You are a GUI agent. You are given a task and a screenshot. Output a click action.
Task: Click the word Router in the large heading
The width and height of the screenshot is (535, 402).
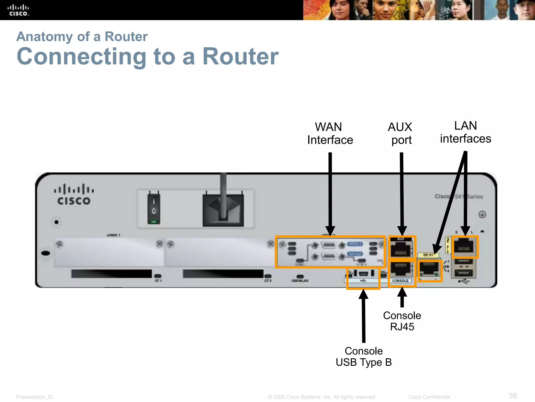point(241,57)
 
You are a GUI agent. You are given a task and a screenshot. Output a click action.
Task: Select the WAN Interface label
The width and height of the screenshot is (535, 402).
point(330,133)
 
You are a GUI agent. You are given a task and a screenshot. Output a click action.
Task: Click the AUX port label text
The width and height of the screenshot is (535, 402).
point(400,133)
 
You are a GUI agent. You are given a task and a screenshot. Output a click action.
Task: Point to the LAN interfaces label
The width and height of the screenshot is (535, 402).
point(466,132)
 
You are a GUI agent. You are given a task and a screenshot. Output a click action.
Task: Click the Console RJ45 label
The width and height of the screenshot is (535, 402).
point(402,321)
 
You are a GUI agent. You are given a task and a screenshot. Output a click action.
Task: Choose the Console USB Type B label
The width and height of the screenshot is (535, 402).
point(364,357)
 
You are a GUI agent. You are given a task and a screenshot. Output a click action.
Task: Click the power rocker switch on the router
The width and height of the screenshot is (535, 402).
point(154,207)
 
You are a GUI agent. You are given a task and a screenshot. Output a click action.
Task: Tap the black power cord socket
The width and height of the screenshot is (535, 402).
point(223,209)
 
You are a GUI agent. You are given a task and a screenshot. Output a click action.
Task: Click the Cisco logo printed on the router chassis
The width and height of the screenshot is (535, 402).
point(74,195)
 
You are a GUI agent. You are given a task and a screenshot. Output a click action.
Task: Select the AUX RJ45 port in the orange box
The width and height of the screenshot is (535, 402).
point(401,249)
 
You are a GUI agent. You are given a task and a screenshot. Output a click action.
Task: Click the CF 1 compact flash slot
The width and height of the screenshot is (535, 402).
point(112,274)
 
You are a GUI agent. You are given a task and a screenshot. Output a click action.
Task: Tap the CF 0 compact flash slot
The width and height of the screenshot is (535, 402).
point(223,274)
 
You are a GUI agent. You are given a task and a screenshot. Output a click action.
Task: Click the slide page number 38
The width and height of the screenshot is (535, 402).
point(513,395)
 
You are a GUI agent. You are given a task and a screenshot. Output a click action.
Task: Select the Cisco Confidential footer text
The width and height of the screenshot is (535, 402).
point(429,397)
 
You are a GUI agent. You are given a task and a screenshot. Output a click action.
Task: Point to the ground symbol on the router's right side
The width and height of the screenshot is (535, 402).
point(482,214)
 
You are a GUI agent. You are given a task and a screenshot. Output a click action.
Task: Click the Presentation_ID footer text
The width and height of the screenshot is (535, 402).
point(34,397)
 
